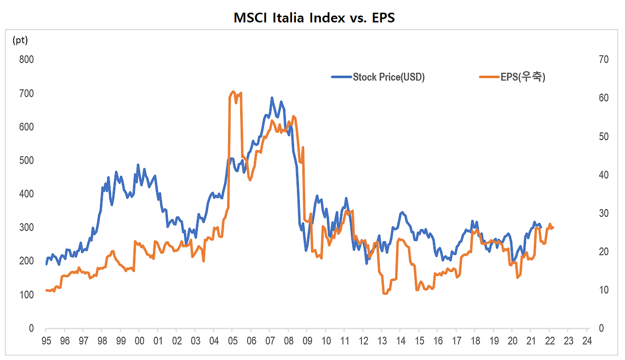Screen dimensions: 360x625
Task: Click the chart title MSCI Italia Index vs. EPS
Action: pos(314,18)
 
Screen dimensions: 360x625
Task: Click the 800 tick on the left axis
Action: pos(27,60)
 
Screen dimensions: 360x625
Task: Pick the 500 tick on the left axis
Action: pos(27,160)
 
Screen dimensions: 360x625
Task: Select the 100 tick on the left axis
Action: pos(27,295)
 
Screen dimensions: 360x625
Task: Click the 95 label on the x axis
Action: pos(46,341)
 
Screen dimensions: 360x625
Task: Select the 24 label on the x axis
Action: pos(586,341)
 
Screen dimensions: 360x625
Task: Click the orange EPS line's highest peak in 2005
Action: pos(233,91)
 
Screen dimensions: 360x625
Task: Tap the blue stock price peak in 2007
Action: pos(272,98)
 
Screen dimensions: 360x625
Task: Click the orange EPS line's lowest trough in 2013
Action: pos(385,294)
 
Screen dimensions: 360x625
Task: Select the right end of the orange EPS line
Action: pos(553,227)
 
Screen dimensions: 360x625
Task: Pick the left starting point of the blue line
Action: pos(46,264)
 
